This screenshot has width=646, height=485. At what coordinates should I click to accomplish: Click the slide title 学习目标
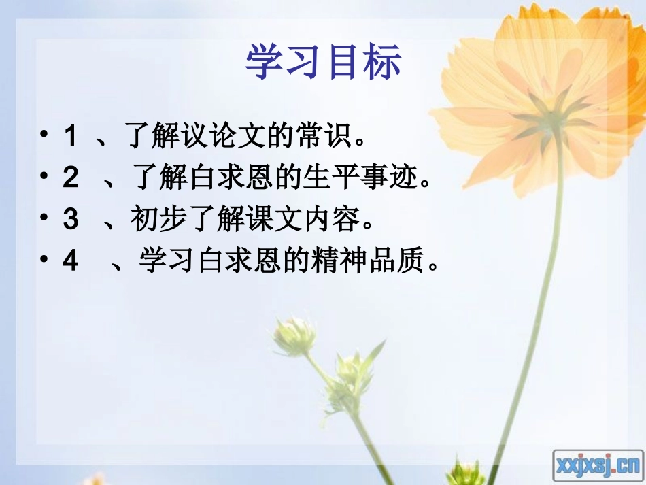click(323, 63)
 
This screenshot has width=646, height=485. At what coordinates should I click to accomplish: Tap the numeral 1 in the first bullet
click(69, 137)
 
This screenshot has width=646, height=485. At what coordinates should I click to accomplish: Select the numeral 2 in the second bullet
click(70, 178)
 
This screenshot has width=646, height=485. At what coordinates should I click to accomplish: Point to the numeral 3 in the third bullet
click(70, 220)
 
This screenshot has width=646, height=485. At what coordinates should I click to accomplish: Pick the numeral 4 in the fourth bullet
click(70, 261)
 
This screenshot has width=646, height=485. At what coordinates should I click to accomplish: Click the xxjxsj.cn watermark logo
click(598, 465)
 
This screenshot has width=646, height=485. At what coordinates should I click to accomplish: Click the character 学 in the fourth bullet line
click(152, 261)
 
